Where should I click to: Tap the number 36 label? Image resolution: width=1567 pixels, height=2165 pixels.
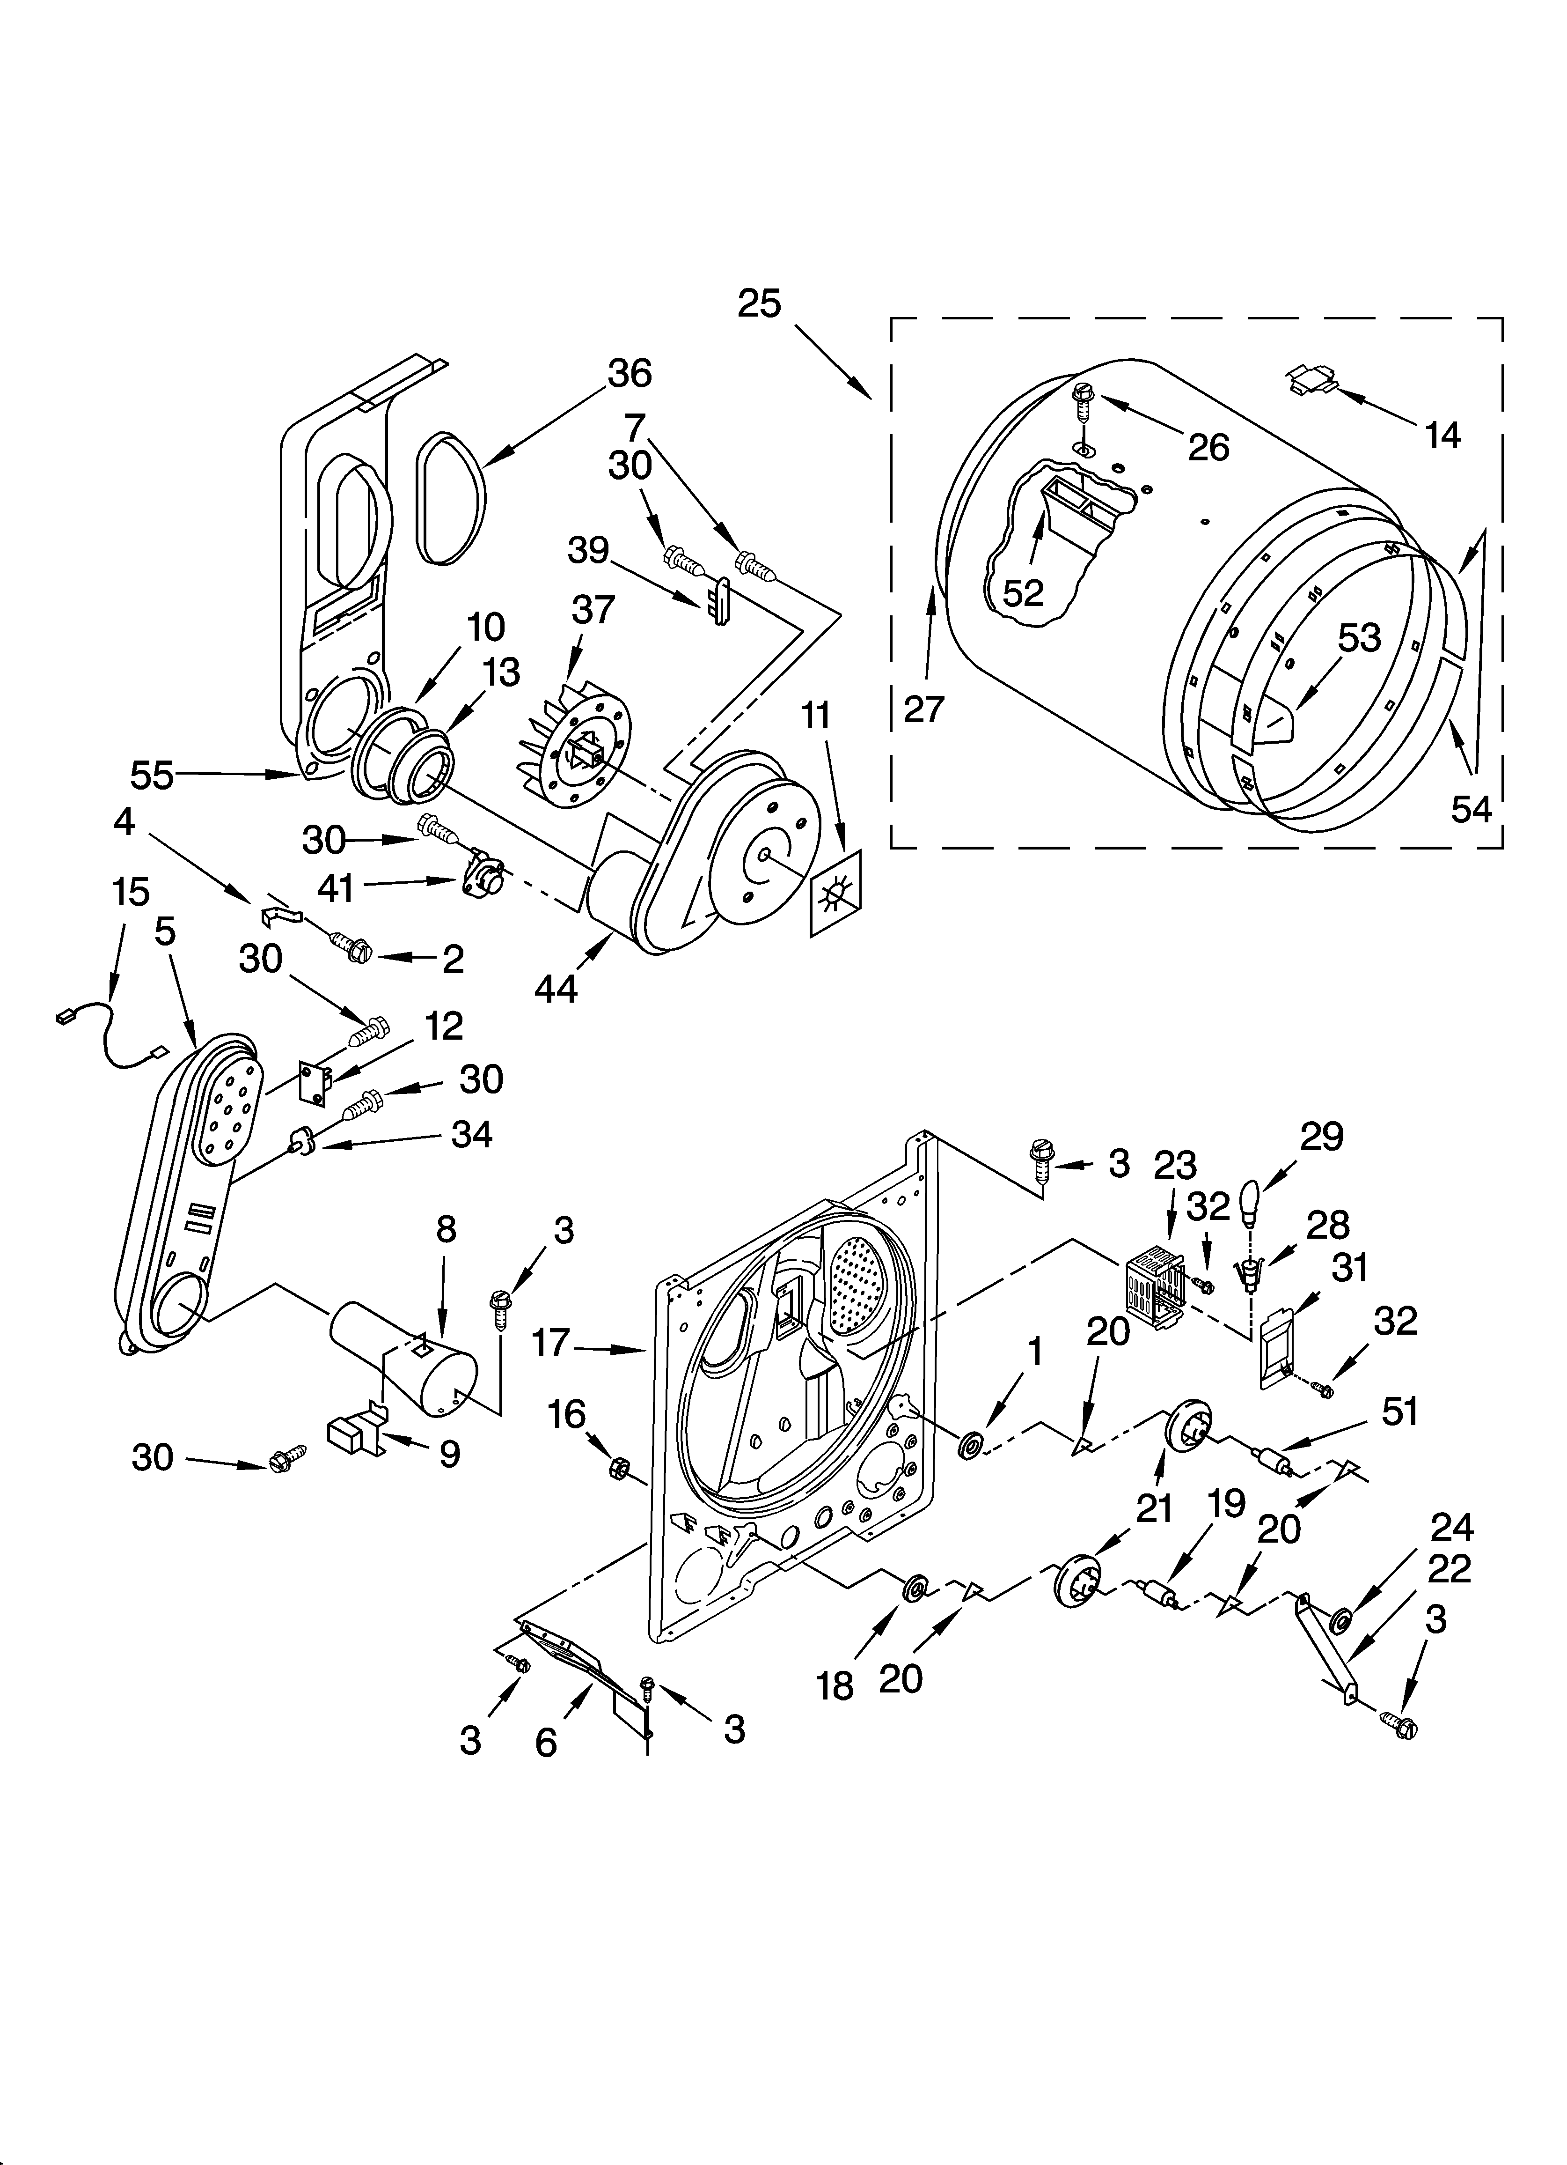(x=630, y=373)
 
